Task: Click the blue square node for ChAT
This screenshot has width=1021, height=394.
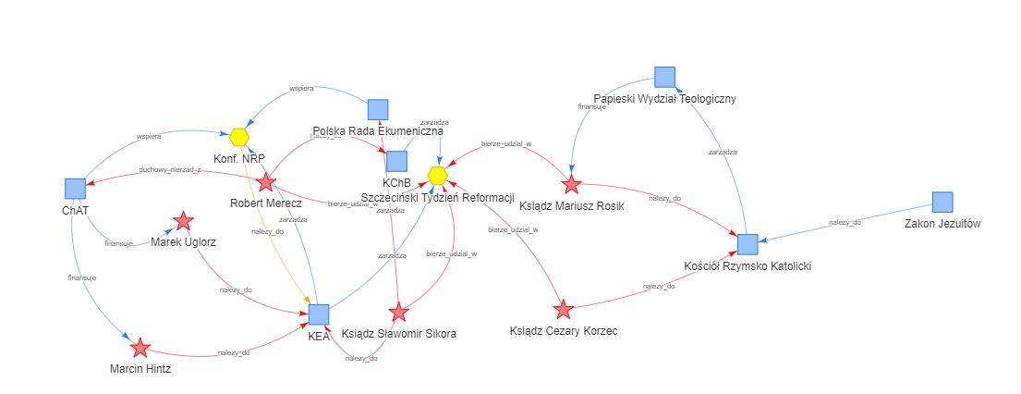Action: (x=76, y=189)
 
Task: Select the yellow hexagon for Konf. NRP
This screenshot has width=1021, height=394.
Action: (x=239, y=137)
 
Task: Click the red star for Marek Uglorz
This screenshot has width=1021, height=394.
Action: (x=183, y=221)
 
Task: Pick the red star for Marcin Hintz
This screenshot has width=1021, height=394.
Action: (x=140, y=348)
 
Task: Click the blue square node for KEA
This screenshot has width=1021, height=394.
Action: (x=319, y=314)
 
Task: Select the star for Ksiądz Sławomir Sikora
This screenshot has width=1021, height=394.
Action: (x=398, y=312)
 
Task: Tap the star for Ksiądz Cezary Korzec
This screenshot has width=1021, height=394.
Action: (x=563, y=308)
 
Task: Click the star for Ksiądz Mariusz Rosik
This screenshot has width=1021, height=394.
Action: (x=571, y=184)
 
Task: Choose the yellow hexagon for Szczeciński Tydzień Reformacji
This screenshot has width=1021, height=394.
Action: (x=438, y=175)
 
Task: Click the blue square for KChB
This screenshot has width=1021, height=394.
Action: (x=396, y=161)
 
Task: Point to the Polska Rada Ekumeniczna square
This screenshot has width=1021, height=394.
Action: (x=377, y=109)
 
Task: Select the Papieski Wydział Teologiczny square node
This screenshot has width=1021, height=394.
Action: (x=664, y=78)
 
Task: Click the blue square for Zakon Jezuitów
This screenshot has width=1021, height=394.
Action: (x=942, y=202)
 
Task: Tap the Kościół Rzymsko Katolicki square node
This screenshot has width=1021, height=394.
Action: (x=748, y=244)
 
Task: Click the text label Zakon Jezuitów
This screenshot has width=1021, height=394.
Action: (x=942, y=224)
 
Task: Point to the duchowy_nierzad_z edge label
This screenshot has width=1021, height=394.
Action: (x=169, y=170)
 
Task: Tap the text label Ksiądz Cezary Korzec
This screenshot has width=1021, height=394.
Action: (x=564, y=330)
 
